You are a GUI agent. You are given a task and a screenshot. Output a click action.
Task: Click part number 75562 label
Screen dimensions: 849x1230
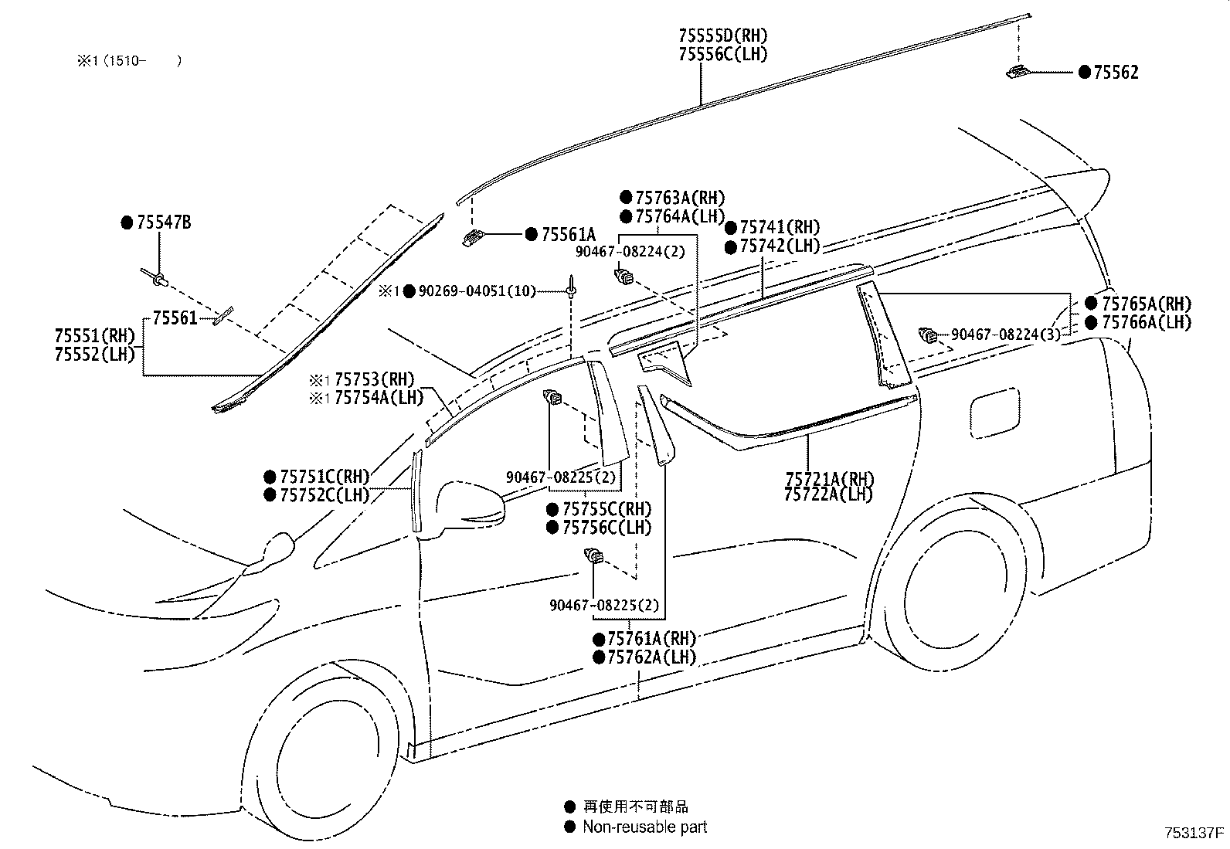point(1116,73)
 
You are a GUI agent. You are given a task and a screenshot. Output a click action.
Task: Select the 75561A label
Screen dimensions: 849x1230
point(569,235)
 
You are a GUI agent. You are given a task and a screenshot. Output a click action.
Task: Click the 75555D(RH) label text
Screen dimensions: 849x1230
point(722,36)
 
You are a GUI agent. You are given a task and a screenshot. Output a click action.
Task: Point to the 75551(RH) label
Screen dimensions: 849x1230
point(94,336)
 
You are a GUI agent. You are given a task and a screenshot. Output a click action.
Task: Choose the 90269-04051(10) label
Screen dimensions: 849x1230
point(477,291)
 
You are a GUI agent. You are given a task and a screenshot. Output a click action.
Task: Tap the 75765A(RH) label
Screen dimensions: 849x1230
point(1146,304)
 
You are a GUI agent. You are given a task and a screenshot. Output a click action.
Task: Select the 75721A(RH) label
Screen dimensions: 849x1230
point(828,478)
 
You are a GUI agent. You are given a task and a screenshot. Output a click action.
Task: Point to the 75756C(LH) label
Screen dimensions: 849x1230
point(607,528)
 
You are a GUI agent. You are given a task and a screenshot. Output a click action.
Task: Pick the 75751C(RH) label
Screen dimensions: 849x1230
point(324,477)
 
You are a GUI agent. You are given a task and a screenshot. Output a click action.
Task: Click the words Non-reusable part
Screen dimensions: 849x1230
point(644,827)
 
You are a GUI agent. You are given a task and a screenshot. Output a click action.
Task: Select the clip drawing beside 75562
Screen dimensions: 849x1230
point(1017,72)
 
